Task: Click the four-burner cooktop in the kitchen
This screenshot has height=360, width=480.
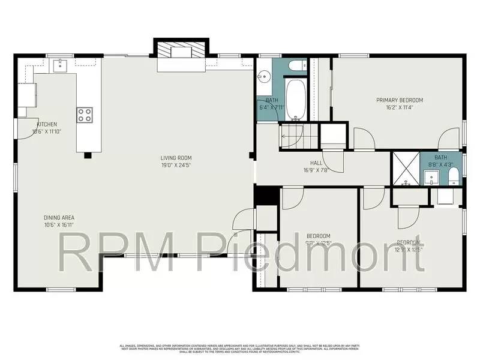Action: (85, 114)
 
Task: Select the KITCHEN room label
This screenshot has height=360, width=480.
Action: (47, 125)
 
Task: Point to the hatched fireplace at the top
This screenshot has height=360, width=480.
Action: (181, 52)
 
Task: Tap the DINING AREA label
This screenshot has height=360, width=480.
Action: (59, 218)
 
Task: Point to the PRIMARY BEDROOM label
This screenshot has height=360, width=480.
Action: (400, 100)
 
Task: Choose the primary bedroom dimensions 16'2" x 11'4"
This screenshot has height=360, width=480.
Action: (400, 108)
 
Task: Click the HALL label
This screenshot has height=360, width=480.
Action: (316, 163)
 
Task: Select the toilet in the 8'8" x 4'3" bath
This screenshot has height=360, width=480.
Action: (454, 176)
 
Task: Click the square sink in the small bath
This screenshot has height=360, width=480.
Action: (431, 177)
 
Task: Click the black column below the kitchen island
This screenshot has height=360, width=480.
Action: (88, 155)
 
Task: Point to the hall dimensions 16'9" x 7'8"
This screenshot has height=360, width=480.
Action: (316, 170)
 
